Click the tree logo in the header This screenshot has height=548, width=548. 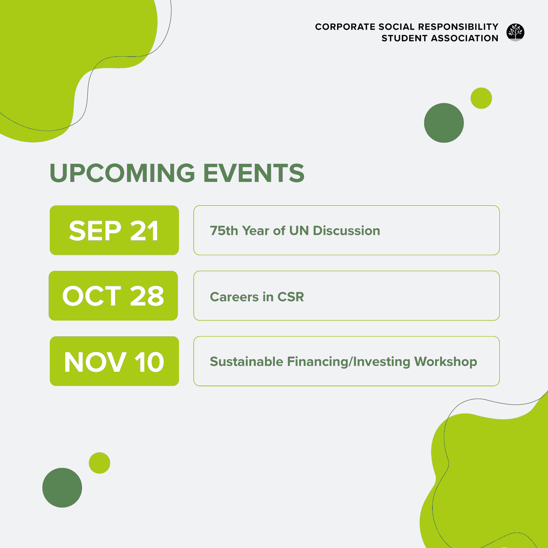point(515,32)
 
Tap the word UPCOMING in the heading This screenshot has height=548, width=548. point(122,173)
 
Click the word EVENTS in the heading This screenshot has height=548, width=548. point(253,173)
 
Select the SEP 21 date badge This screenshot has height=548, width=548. point(114,230)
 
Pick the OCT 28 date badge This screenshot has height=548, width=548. point(113,295)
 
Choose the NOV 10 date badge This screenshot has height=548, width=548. point(114,361)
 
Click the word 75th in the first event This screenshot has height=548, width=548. point(224,231)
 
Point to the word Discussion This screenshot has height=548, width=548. point(347,231)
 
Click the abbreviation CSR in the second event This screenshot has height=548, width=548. point(290,297)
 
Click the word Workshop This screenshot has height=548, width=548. point(446,362)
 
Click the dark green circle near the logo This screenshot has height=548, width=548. point(444,123)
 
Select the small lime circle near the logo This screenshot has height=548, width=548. point(481,98)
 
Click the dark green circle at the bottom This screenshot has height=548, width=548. point(62,488)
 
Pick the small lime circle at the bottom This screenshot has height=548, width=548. point(100,463)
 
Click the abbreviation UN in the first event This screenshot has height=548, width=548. point(299,231)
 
